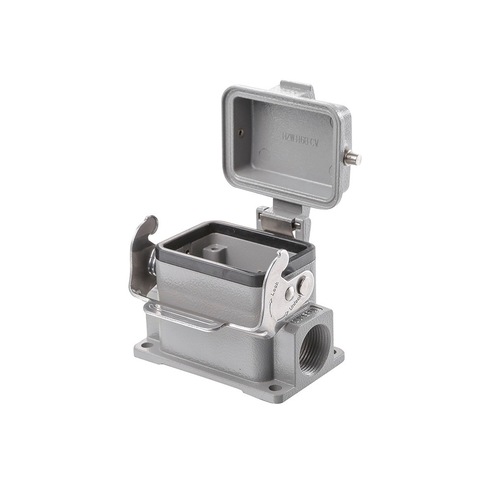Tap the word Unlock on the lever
pos(298,305)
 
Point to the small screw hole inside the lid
pos(240,133)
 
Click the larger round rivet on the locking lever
pos(304,283)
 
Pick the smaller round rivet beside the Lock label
pos(290,293)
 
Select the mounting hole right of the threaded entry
pos(337,352)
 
